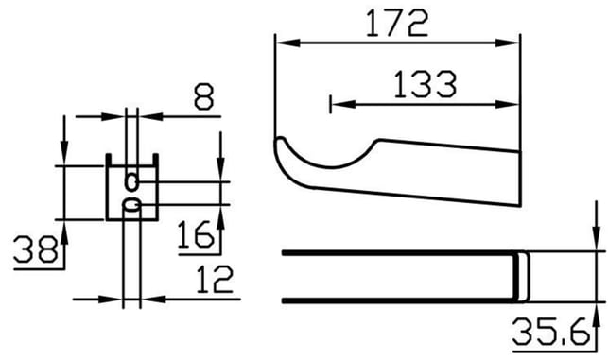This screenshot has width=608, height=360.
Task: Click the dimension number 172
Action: pyautogui.click(x=397, y=24)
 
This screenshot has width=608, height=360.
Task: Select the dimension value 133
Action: pyautogui.click(x=426, y=84)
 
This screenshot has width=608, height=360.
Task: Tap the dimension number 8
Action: pyautogui.click(x=203, y=96)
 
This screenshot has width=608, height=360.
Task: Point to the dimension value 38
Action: pyautogui.click(x=35, y=249)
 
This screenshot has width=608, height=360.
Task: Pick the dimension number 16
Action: pyautogui.click(x=196, y=234)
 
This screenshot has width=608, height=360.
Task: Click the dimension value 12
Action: pyautogui.click(x=215, y=279)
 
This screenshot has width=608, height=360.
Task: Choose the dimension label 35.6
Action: pyautogui.click(x=549, y=332)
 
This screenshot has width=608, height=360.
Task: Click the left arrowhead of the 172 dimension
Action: pyautogui.click(x=287, y=43)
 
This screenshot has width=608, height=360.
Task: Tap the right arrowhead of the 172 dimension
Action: pyautogui.click(x=508, y=43)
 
